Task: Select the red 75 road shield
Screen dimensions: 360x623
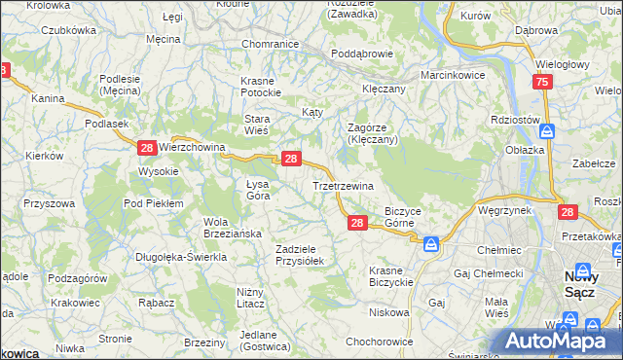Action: pos(542,84)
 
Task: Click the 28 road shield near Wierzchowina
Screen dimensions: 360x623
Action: pos(146,148)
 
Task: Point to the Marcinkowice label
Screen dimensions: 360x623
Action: pos(453,75)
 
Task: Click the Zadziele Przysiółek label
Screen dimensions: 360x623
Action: pos(306,255)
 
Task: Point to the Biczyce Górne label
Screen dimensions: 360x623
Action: pos(402,216)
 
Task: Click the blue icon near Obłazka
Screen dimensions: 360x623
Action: pos(547,130)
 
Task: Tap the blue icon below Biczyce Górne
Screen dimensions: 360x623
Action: pos(430,243)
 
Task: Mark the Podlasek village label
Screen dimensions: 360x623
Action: pos(107,124)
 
